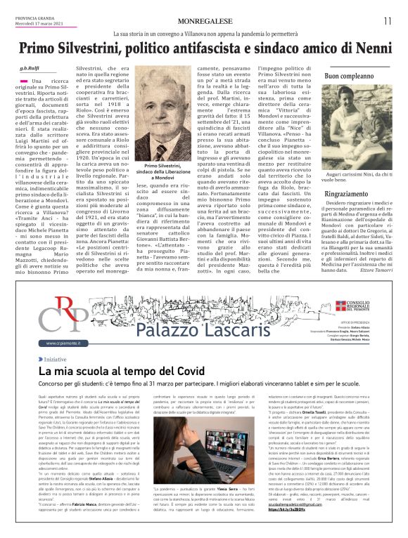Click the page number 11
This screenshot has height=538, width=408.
coord(386,20)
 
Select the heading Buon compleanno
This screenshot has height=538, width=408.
coord(348,75)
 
